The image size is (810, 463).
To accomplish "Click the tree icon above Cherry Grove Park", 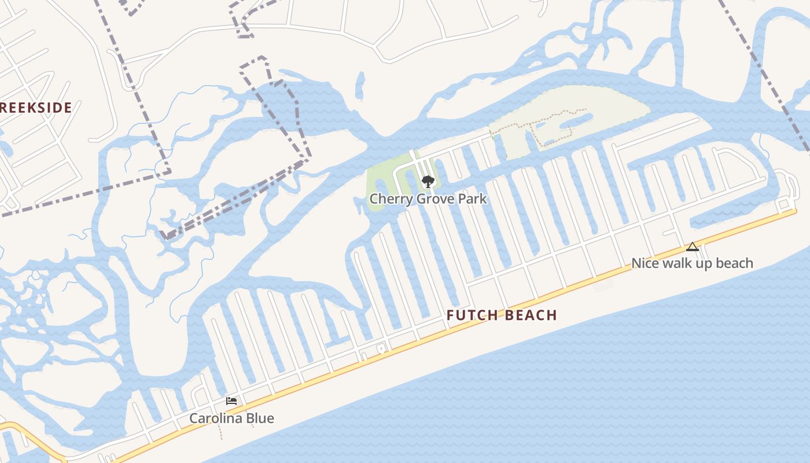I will (428, 182).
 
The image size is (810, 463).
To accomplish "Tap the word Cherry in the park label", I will (388, 199).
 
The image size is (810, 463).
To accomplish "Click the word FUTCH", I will (472, 315).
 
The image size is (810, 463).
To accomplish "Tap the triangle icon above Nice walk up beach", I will (692, 247).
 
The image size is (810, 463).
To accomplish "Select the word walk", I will (676, 263).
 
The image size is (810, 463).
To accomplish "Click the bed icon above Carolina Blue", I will (231, 401).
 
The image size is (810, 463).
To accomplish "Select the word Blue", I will (260, 418).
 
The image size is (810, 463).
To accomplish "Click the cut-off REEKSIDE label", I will (36, 108).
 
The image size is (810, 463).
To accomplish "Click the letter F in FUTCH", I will (451, 315).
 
